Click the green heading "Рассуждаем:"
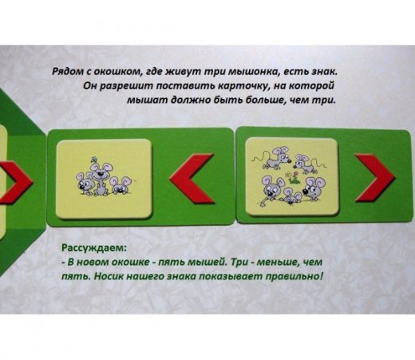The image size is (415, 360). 94,248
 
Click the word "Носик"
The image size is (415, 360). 109,276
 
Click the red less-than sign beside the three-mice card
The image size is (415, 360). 192,179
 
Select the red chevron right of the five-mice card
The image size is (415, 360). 374,178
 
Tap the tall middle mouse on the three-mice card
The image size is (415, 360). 101,179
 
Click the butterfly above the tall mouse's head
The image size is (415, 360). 93,160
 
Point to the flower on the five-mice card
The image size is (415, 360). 293,177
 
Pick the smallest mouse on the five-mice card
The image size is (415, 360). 291,196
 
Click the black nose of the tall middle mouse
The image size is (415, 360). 101,175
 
